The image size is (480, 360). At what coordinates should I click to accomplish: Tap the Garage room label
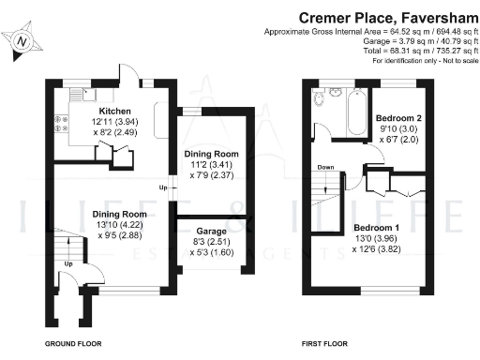[213, 230]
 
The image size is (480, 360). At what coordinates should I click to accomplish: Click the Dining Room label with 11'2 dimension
[213, 153]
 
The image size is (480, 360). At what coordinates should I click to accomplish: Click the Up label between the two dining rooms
[163, 188]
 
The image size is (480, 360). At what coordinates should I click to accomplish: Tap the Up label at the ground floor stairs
[68, 264]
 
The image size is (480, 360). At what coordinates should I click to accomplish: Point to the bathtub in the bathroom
[355, 111]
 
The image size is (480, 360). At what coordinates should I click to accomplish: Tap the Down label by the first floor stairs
[325, 169]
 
